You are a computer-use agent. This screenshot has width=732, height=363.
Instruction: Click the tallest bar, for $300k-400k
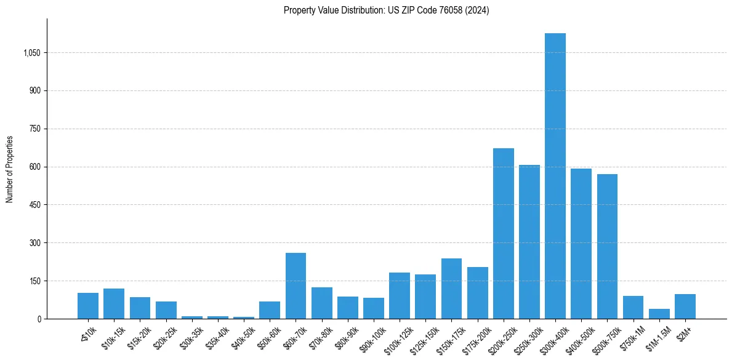click(x=555, y=176)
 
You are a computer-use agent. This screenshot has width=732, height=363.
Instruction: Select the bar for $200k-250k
click(x=503, y=234)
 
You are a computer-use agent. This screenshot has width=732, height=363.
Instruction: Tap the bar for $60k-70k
click(x=296, y=286)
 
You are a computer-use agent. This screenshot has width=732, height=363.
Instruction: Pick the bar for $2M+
click(x=685, y=306)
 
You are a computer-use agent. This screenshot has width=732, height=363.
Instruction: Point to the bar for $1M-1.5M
click(x=659, y=314)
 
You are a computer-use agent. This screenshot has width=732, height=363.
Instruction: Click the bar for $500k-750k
click(x=607, y=246)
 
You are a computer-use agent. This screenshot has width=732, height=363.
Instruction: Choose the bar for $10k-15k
click(x=114, y=303)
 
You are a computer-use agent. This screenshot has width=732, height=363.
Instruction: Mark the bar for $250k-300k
click(x=529, y=242)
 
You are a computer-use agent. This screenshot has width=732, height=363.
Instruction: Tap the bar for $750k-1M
click(x=633, y=308)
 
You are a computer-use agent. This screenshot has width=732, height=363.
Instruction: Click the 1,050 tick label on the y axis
click(x=31, y=53)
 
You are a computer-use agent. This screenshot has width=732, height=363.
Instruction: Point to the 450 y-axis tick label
click(x=34, y=205)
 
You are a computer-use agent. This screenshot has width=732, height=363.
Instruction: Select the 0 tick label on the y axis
click(x=39, y=319)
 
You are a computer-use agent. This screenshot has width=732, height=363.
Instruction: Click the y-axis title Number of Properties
click(x=10, y=169)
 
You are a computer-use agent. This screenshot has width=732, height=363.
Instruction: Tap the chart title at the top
click(x=386, y=10)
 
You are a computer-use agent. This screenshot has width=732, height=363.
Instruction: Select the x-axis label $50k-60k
click(x=267, y=335)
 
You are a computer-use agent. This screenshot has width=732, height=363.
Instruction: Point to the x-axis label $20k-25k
click(x=164, y=335)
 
